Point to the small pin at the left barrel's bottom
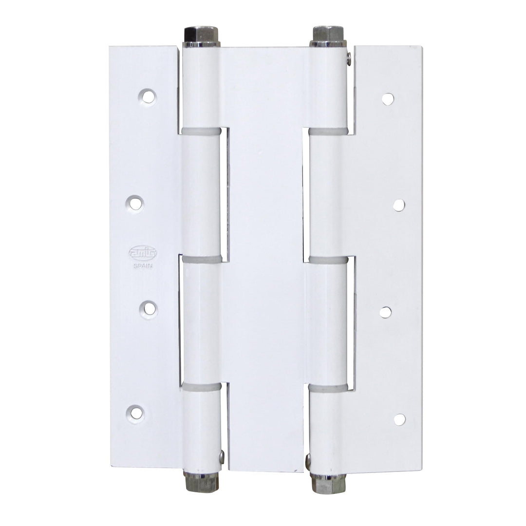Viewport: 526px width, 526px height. click(222, 456)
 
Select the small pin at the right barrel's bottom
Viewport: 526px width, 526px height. click(307, 460)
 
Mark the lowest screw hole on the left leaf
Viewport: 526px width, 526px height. click(138, 413)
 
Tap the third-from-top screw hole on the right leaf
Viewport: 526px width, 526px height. click(386, 312)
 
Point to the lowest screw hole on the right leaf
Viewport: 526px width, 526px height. click(399, 418)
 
